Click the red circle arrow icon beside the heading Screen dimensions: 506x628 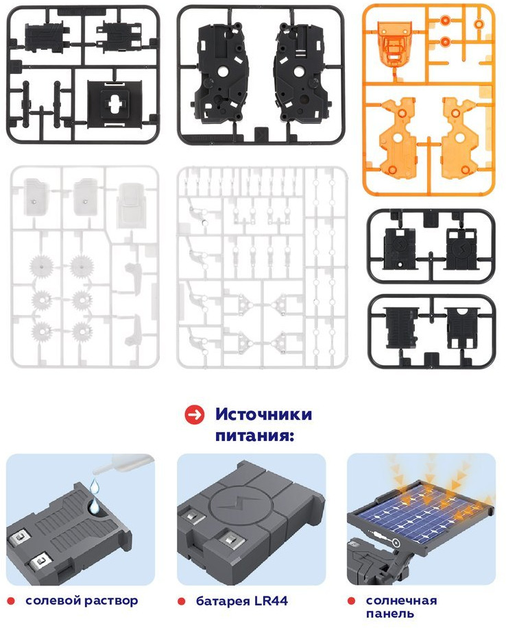click(x=195, y=415)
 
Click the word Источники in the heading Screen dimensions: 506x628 click(x=263, y=414)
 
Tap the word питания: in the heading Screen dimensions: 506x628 click(x=254, y=436)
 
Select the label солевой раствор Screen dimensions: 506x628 click(x=82, y=601)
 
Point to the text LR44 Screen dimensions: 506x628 click(x=271, y=601)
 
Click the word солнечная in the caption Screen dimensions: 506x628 click(x=401, y=601)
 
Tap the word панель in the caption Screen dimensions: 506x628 click(x=389, y=614)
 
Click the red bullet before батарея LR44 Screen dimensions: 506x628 click(x=182, y=601)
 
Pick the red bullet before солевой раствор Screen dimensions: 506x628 click(x=11, y=601)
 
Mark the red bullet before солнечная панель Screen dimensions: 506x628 click(x=351, y=601)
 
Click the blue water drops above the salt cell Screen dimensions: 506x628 click(x=95, y=497)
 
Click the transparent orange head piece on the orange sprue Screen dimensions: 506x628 click(x=394, y=43)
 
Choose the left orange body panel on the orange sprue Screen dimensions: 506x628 click(x=398, y=138)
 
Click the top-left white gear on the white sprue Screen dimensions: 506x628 click(x=41, y=266)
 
